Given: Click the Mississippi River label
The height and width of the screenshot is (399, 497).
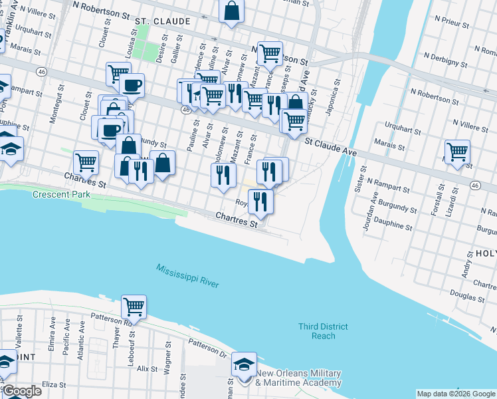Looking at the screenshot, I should click(x=188, y=276).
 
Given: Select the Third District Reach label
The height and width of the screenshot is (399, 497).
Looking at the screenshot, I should click(x=319, y=331).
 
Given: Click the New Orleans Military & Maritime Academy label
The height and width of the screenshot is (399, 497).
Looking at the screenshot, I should click(x=298, y=378).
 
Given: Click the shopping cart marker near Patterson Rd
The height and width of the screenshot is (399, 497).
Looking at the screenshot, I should click(x=134, y=307).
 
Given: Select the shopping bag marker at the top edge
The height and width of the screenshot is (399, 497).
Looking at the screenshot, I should click(x=231, y=11).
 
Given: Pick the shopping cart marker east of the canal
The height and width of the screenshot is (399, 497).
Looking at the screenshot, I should click(x=457, y=152).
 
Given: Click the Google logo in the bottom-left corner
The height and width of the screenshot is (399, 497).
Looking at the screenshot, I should click(x=21, y=391).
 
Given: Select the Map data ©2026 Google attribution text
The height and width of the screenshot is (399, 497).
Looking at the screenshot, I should click(x=455, y=394).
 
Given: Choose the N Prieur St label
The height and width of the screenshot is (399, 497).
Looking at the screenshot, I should click(x=450, y=25).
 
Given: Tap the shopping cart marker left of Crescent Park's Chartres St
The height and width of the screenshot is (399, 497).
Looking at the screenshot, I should click(x=86, y=161).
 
